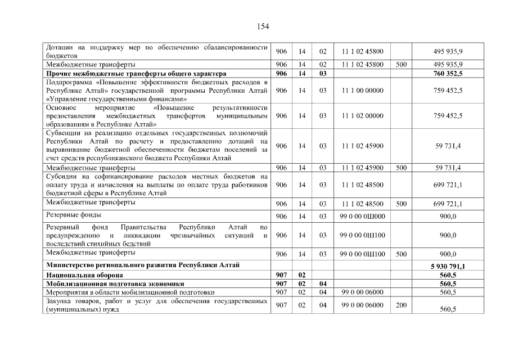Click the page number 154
263,26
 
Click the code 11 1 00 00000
362,90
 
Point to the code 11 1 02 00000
362,116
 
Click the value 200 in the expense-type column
401,305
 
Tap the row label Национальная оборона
84,275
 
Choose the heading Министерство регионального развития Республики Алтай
143,264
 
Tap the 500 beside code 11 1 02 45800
401,65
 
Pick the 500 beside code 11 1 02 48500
401,204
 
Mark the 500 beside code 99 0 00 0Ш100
401,254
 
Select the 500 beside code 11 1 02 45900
401,168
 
